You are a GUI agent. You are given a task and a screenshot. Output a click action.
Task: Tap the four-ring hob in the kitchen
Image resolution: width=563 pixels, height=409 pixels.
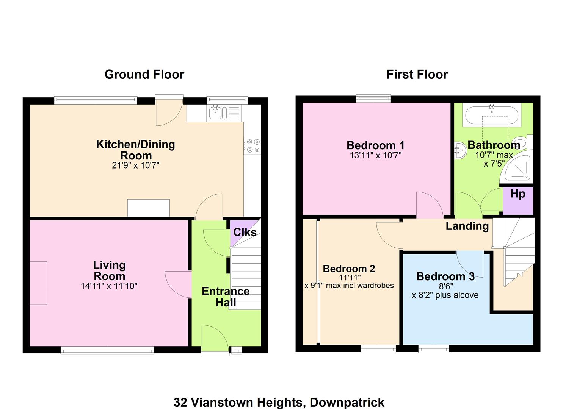pyautogui.click(x=252, y=146)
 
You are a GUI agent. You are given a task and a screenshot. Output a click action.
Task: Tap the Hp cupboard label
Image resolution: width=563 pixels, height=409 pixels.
pyautogui.click(x=518, y=194)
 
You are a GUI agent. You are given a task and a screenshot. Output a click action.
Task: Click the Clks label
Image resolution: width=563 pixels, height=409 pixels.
pyautogui.click(x=245, y=232)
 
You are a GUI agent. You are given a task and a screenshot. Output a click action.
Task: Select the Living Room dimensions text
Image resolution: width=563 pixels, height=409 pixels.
pyautogui.click(x=109, y=286)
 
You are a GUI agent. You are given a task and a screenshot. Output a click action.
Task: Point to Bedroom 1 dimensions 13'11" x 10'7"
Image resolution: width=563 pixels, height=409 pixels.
pyautogui.click(x=376, y=155)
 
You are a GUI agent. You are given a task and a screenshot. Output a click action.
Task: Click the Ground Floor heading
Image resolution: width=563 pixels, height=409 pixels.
pyautogui.click(x=144, y=75)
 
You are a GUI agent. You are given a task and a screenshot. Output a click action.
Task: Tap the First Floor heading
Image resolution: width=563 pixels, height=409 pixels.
pyautogui.click(x=417, y=75)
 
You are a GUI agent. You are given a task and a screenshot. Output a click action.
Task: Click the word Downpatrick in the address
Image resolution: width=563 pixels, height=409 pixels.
pyautogui.click(x=347, y=403)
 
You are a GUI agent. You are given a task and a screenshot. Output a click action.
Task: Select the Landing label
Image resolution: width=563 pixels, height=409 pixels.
pyautogui.click(x=467, y=226)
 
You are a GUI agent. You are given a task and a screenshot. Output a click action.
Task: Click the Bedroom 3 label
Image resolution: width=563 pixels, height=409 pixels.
pyautogui.click(x=445, y=276)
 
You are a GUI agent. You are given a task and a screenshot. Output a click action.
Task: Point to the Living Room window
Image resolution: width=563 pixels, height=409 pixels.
pyautogui.click(x=107, y=350)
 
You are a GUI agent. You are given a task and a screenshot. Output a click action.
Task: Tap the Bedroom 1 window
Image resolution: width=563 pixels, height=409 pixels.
pyautogui.click(x=373, y=98)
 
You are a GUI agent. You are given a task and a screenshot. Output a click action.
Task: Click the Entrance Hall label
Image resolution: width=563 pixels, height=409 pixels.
pyautogui.click(x=226, y=297)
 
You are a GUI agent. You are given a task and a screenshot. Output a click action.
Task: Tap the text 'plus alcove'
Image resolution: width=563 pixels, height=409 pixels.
pyautogui.click(x=457, y=295)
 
